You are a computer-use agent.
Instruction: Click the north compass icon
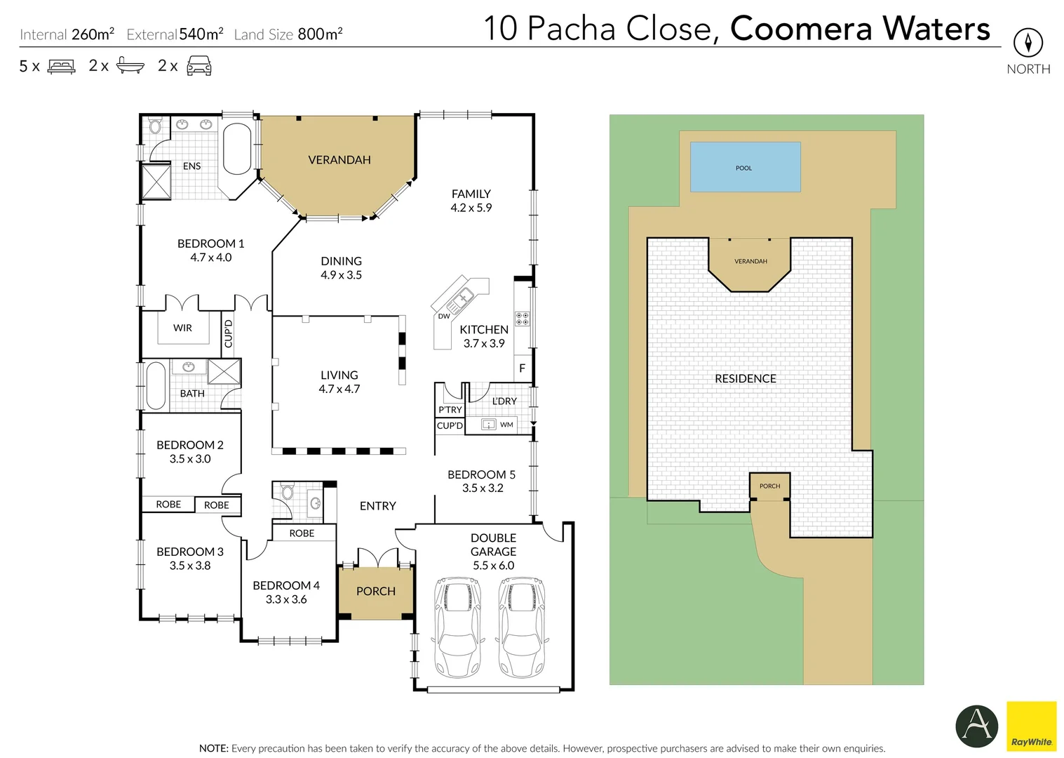coord(1028,44)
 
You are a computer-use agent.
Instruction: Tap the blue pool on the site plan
coord(745,167)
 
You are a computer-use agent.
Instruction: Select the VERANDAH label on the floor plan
coord(339,160)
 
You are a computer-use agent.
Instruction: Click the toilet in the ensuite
coord(155,126)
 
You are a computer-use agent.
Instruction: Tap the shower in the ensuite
coord(156,181)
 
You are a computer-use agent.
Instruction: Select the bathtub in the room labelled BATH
coord(155,385)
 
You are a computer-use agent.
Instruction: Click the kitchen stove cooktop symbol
coord(522,319)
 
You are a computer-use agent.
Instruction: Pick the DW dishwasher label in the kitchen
coord(444,317)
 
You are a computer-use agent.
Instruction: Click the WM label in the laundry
coord(506,425)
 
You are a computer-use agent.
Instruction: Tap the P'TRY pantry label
coord(450,410)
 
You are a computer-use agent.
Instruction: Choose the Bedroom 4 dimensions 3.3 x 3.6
coord(286,599)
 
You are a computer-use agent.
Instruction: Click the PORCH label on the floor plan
coord(376,592)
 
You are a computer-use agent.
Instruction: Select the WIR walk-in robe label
coord(182,328)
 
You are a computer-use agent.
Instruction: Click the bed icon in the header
coord(61,67)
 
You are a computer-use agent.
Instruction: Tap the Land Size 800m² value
coord(320,34)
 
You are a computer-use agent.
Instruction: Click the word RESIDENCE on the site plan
coord(746,379)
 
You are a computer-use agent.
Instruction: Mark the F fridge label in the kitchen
coord(522,368)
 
